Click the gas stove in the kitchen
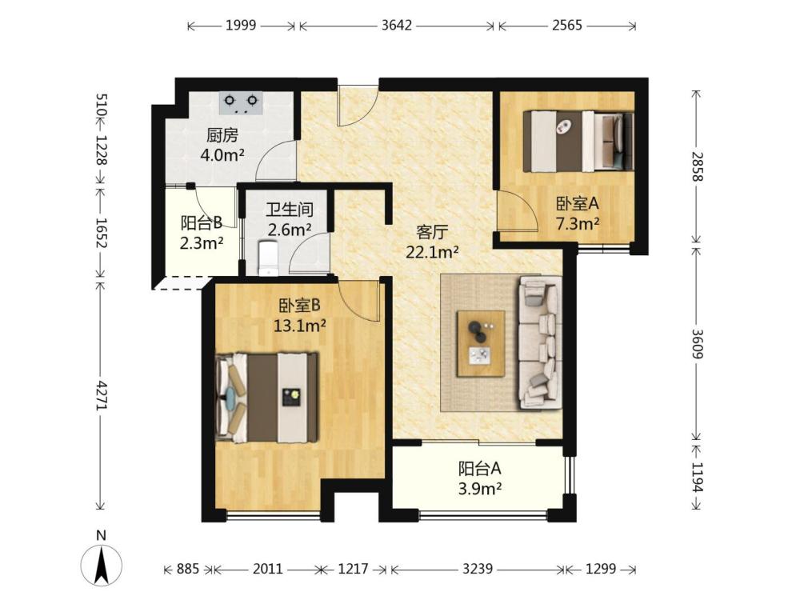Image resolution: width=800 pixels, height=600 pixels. tap(241, 102)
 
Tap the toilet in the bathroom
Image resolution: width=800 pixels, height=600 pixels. tap(268, 258)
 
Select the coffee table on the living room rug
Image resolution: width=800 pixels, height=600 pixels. tap(481, 343)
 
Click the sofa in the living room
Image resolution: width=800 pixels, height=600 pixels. tap(541, 342)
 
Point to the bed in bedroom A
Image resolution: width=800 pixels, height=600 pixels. tap(578, 142)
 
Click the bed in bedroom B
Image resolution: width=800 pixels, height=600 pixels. tap(267, 398)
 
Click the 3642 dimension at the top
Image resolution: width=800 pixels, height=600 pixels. tap(397, 26)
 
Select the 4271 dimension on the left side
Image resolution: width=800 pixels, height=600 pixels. tap(101, 395)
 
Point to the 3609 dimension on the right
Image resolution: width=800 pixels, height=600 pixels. tap(697, 343)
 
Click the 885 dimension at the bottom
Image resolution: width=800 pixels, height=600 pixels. tap(188, 568)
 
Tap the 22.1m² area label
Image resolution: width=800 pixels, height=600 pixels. tap(432, 251)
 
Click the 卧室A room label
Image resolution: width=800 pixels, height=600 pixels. tap(577, 204)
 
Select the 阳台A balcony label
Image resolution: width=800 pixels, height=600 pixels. tap(479, 468)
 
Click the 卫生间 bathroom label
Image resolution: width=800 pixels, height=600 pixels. tap(290, 210)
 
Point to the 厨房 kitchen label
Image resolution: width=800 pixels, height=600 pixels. tap(222, 135)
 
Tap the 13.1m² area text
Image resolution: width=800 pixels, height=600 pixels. tap(300, 326)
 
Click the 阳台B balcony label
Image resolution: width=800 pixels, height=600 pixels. tap(202, 223)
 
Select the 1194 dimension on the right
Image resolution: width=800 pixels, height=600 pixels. tap(697, 477)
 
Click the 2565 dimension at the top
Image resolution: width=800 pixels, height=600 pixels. tap(567, 26)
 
